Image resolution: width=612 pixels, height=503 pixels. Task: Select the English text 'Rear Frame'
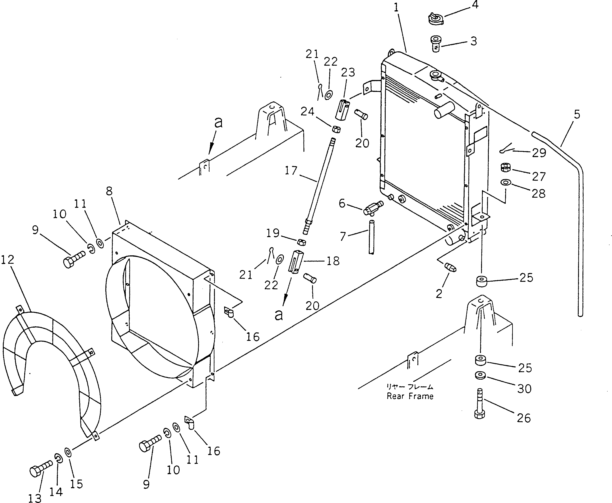click(410, 396)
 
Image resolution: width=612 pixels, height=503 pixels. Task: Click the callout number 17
click(291, 171)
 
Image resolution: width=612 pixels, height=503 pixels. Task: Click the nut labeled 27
click(506, 167)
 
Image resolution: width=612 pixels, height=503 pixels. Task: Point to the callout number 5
click(577, 114)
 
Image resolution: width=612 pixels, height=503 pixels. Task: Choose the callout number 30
click(524, 389)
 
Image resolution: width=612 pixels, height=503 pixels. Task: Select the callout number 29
click(539, 153)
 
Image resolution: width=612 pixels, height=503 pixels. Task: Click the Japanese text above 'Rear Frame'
click(409, 386)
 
